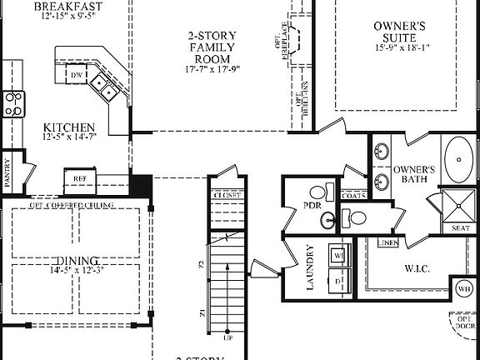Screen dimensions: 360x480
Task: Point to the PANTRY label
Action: [x=7, y=176]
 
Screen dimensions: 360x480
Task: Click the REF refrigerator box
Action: [x=81, y=178]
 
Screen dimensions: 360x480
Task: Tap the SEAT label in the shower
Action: [x=460, y=227]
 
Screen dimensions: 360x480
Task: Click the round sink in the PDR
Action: [x=327, y=222]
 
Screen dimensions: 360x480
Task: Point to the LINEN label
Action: [x=387, y=242]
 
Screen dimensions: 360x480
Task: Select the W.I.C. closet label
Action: [x=417, y=269]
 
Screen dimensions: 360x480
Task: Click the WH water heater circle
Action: [x=463, y=290]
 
